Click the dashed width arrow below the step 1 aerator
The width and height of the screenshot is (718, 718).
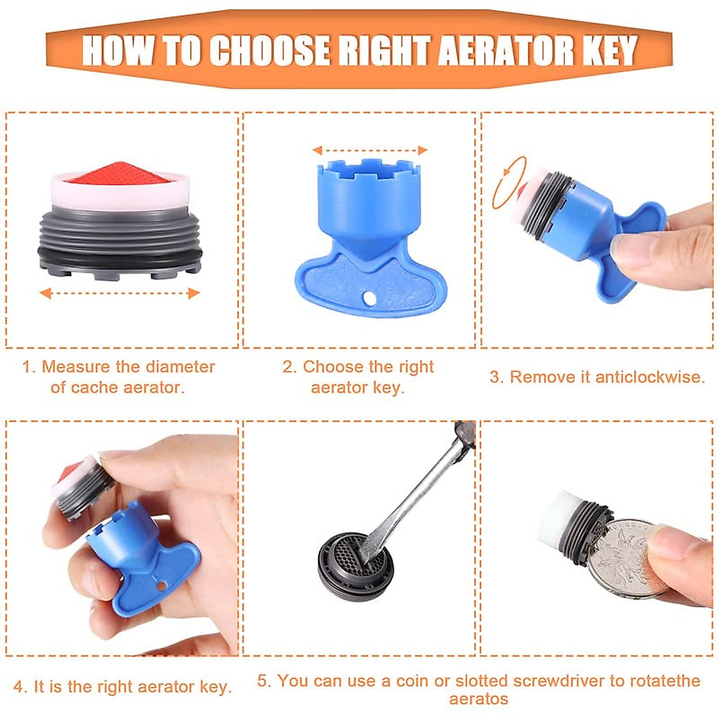120,293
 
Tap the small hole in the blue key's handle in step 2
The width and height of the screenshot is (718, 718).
369,297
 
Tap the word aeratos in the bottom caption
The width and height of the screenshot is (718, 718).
479,699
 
